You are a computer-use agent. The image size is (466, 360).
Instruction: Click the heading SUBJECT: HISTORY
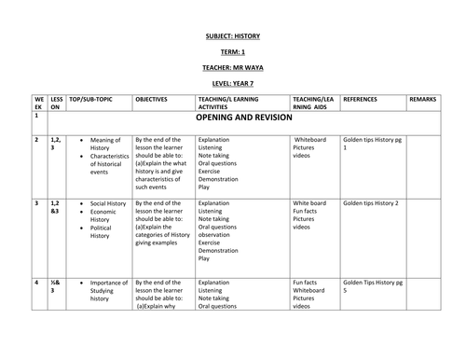tap(234, 36)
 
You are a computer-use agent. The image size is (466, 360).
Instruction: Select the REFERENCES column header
tap(363, 98)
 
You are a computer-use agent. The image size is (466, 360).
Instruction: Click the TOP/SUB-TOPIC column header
tap(92, 98)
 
